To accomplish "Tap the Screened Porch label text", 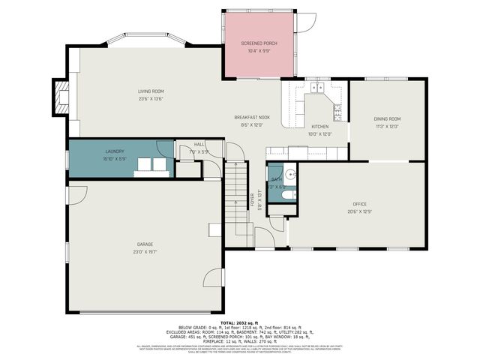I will pyautogui.click(x=259, y=44).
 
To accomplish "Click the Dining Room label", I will pyautogui.click(x=387, y=119).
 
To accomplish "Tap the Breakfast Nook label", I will pyautogui.click(x=252, y=118).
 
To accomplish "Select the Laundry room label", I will pyautogui.click(x=115, y=151).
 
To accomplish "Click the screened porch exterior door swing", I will pyautogui.click(x=305, y=22).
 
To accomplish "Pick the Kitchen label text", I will pyautogui.click(x=320, y=127).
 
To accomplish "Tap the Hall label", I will pyautogui.click(x=199, y=144).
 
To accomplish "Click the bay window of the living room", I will pyautogui.click(x=145, y=39).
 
